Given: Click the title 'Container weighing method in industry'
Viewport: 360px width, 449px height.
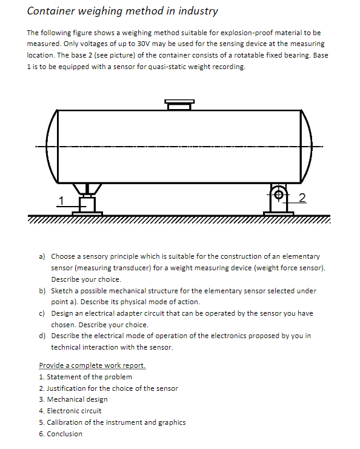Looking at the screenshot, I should coord(122,11).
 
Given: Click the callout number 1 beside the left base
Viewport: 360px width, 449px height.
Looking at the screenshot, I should coord(61,199).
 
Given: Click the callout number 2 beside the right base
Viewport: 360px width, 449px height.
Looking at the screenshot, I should coord(303,196).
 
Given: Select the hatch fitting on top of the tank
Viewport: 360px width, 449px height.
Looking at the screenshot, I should coord(179,104).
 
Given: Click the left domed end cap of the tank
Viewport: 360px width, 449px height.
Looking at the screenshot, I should coord(51,147).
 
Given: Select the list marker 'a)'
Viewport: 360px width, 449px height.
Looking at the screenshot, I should coord(42,256).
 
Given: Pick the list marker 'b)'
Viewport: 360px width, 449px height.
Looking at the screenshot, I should coord(42,290).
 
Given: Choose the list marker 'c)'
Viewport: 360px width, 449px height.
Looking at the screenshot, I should coord(42,313).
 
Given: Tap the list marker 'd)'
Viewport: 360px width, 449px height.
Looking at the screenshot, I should coord(42,336).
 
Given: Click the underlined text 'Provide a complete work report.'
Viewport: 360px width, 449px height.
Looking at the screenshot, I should coord(92,365).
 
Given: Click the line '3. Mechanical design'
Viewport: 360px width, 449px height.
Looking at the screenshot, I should coord(73,399).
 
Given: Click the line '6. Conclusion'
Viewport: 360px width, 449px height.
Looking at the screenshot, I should coord(61,434).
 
